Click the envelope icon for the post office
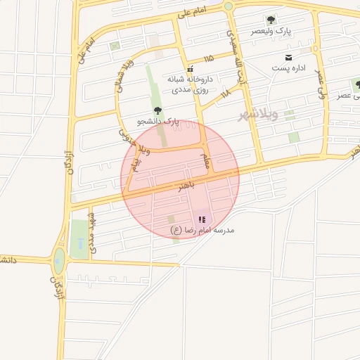click(288, 57)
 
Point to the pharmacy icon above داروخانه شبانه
click(190, 69)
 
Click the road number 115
click(208, 58)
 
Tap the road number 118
click(225, 93)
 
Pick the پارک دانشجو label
click(158, 122)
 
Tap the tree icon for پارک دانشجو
click(157, 110)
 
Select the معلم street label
click(206, 161)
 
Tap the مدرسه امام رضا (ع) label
click(202, 231)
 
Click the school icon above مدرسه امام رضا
click(202, 219)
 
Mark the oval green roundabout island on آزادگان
click(58, 261)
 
